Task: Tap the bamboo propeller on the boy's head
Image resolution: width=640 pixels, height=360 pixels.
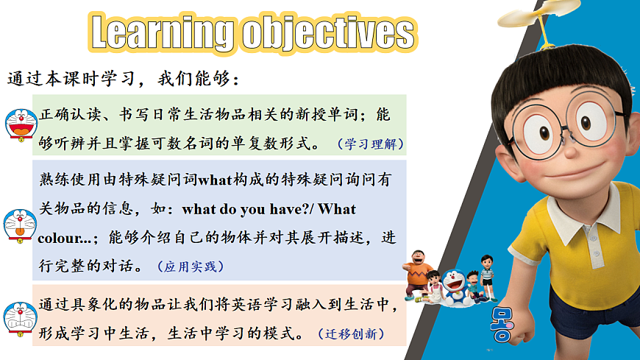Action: pyautogui.click(x=540, y=18)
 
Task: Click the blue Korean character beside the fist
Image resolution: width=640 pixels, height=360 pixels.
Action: pyautogui.click(x=501, y=325)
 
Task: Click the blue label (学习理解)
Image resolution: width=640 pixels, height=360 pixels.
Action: pyautogui.click(x=370, y=144)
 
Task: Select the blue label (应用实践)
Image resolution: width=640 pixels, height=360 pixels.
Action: pyautogui.click(x=191, y=267)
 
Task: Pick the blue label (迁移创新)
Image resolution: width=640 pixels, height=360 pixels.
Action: pyautogui.click(x=351, y=333)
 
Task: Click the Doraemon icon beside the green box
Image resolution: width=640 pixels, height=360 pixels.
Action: pyautogui.click(x=21, y=125)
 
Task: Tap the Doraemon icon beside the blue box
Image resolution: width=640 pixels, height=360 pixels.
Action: pyautogui.click(x=20, y=226)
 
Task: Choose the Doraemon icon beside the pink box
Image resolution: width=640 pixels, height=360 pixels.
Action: pyautogui.click(x=20, y=320)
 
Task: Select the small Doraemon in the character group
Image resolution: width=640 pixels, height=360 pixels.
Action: pyautogui.click(x=454, y=286)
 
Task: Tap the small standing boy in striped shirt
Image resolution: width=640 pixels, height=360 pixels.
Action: pyautogui.click(x=488, y=277)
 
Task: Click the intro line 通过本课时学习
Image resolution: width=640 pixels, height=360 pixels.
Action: pyautogui.click(x=71, y=78)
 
